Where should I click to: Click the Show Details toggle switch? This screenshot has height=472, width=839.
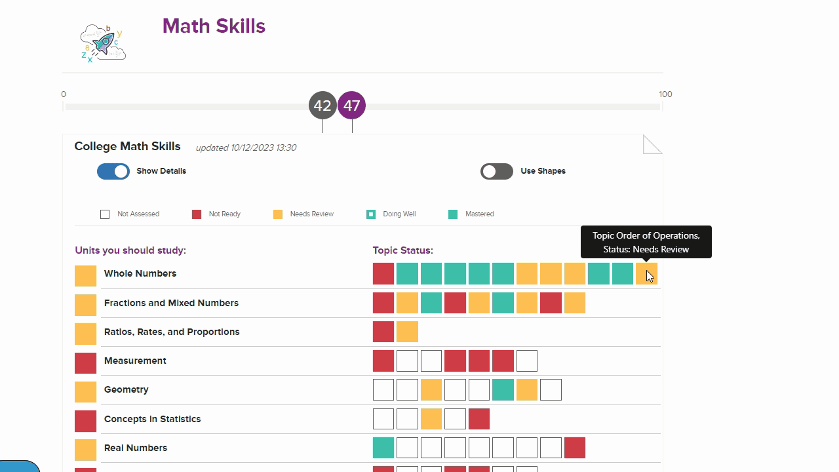coord(113,171)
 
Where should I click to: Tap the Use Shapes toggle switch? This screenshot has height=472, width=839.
coord(496,171)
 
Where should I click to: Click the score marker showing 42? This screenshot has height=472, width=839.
coord(322,106)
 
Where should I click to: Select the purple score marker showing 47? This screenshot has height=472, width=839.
coord(352,106)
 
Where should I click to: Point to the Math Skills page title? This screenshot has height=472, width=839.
coord(214,26)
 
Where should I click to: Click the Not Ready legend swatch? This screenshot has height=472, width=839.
coord(197,214)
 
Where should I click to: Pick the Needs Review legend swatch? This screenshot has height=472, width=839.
coord(278,214)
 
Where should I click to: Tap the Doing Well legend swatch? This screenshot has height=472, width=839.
coord(371,214)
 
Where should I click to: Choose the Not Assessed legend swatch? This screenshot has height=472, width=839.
coord(105,214)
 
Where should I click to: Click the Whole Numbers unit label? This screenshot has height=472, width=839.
coord(140,273)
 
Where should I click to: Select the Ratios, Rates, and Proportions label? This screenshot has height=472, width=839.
coord(172,332)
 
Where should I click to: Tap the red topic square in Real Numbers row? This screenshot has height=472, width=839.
coord(575,448)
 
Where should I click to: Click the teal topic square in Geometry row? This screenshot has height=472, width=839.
coord(503,389)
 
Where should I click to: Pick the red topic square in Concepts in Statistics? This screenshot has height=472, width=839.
coord(479,419)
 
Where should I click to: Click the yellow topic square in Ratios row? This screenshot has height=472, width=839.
coord(407,332)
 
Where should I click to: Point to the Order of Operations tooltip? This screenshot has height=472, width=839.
coord(646,243)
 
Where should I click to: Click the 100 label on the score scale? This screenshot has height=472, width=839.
coord(665,94)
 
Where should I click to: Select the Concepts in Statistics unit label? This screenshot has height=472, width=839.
coord(152,419)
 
